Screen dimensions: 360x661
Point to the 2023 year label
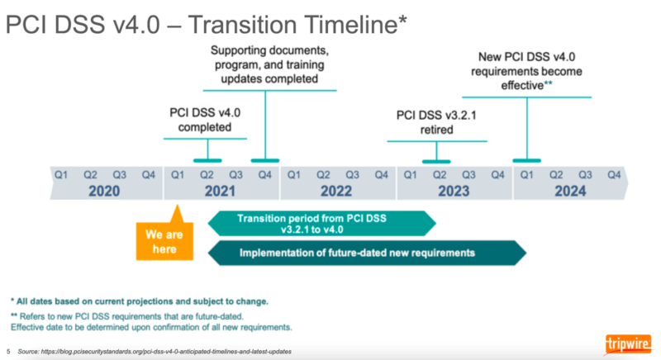pos(453,191)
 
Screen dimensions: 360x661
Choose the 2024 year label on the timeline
pos(570,191)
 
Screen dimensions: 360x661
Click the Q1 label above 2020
pos(59,174)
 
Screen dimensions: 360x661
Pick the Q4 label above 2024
pos(614,174)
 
